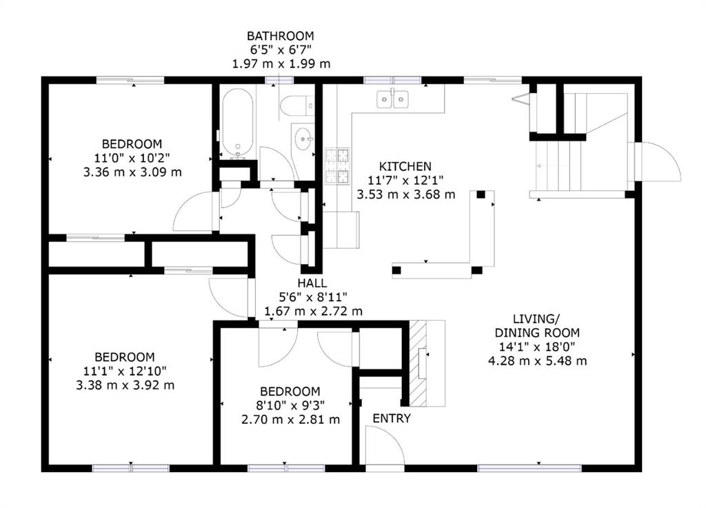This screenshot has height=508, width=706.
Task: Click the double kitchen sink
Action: (x=392, y=99)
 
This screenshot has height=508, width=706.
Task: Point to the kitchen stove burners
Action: (x=337, y=166)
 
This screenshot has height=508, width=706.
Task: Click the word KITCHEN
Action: (x=405, y=167)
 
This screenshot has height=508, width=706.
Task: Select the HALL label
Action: (x=312, y=283)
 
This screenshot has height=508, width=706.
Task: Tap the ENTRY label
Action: (x=392, y=418)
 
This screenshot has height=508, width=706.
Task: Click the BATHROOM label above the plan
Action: (x=281, y=36)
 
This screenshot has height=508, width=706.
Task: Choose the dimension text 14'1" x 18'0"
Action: (x=537, y=347)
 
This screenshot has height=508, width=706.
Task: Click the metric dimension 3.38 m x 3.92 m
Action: (x=125, y=385)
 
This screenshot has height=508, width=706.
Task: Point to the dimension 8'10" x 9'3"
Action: (x=290, y=405)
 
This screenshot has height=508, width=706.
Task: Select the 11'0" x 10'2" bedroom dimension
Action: (x=132, y=158)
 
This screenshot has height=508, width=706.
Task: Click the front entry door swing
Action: (x=385, y=445)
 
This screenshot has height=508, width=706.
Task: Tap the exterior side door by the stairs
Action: (x=658, y=162)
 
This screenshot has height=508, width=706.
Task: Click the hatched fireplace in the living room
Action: (x=417, y=363)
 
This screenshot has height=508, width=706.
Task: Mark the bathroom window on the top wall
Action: (x=279, y=81)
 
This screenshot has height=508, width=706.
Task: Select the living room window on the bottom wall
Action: (x=529, y=469)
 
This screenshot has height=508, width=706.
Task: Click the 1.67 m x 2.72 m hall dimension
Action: (x=314, y=312)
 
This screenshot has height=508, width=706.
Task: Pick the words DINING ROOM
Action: (x=537, y=333)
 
